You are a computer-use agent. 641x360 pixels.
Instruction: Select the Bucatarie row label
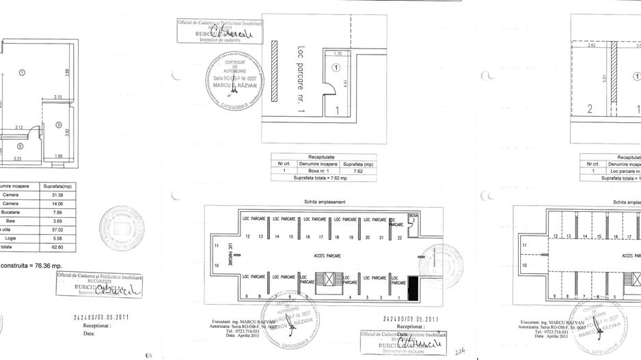[11, 212]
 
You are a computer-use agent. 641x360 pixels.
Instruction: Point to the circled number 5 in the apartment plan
[20, 146]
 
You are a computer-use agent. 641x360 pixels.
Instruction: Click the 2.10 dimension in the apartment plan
[58, 98]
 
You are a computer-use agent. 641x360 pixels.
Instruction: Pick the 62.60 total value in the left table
[57, 247]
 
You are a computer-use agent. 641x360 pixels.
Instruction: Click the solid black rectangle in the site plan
[412, 288]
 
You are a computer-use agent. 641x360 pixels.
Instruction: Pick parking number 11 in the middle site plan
[217, 245]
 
